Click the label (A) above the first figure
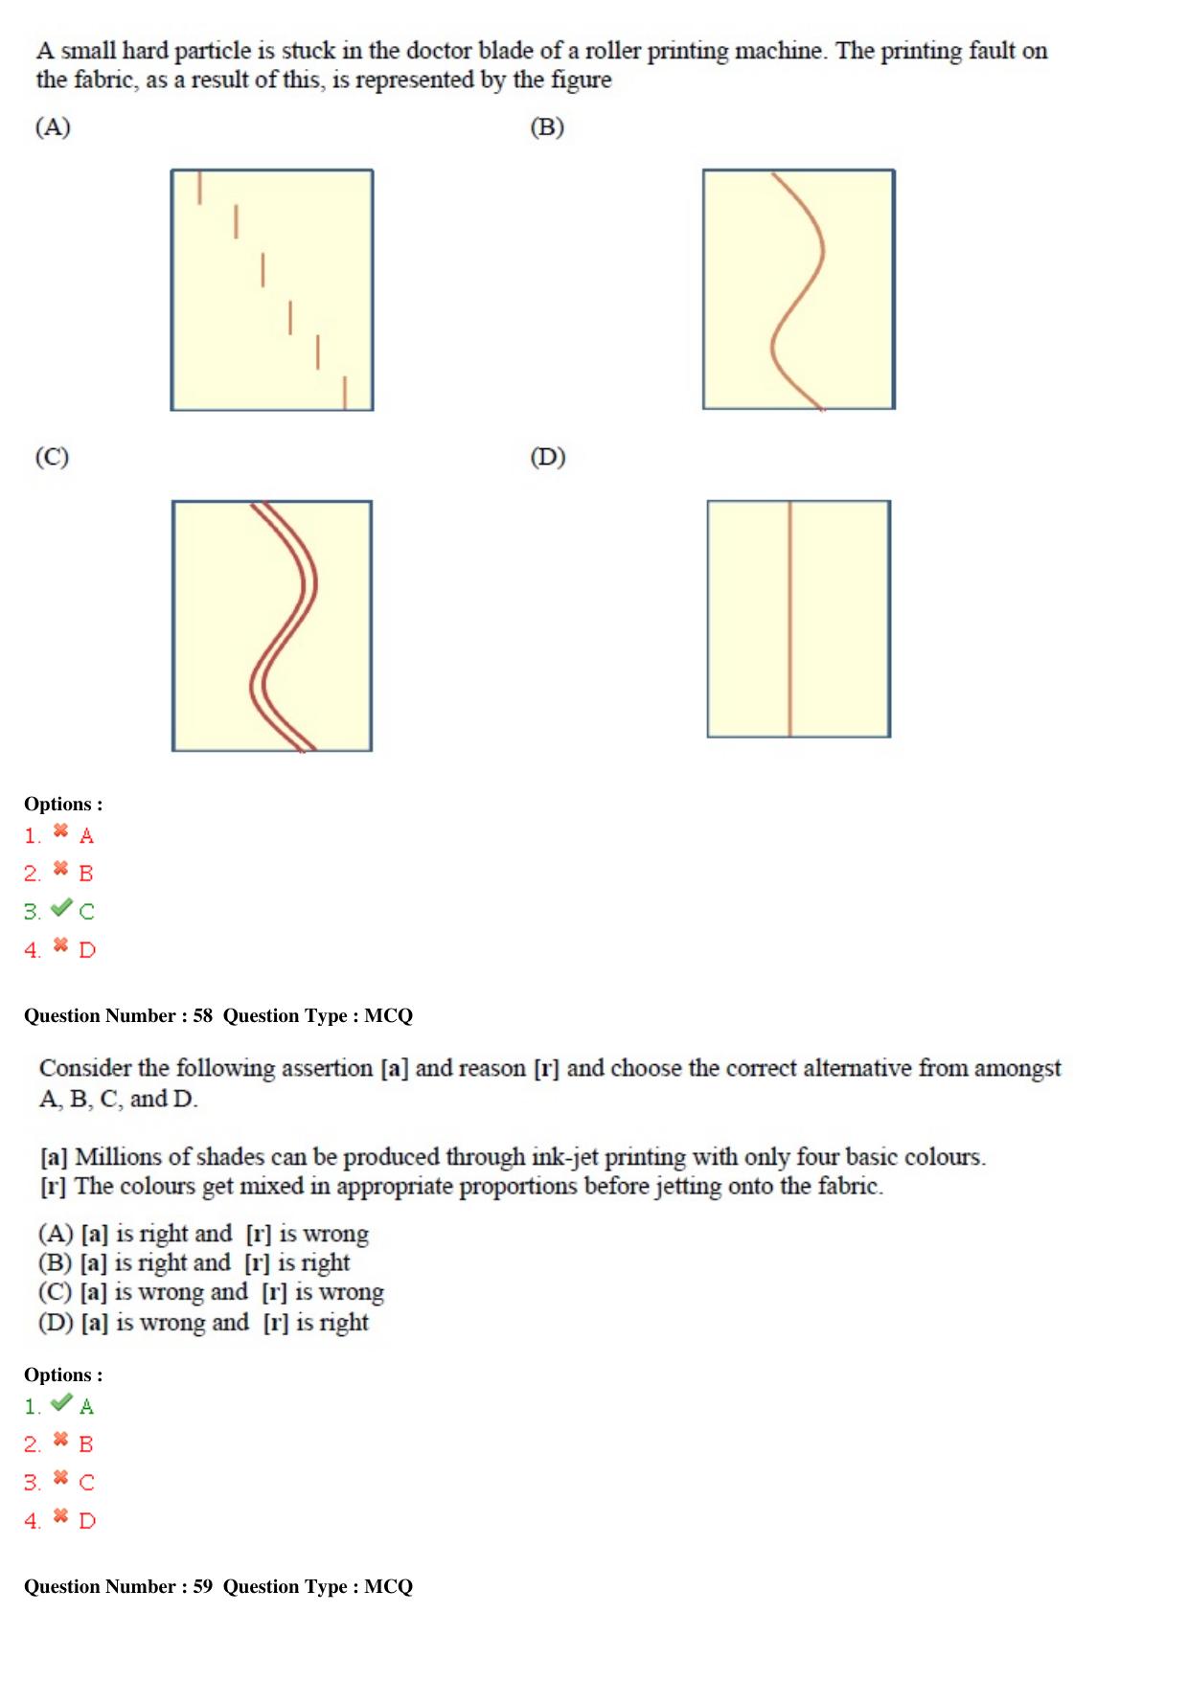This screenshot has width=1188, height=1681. (53, 127)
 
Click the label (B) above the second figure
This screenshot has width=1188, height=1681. (547, 127)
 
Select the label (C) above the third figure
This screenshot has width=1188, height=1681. (52, 457)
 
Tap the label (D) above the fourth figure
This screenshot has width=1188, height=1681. (548, 457)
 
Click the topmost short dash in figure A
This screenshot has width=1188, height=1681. (199, 188)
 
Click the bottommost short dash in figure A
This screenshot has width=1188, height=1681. (345, 393)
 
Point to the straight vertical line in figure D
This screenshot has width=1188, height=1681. (789, 619)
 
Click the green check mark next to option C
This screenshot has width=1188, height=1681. (61, 906)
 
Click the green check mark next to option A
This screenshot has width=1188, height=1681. (61, 1402)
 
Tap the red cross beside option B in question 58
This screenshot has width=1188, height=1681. (60, 1440)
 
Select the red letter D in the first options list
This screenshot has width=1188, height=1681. (87, 950)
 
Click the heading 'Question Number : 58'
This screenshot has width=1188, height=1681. (118, 1015)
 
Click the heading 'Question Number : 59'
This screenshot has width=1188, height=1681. (118, 1586)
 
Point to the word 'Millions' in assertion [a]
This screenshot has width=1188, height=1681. (121, 1157)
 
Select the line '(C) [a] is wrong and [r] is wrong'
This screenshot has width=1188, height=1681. (211, 1292)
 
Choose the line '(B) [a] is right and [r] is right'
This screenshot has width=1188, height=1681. (194, 1262)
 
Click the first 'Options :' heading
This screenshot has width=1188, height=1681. (63, 804)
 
